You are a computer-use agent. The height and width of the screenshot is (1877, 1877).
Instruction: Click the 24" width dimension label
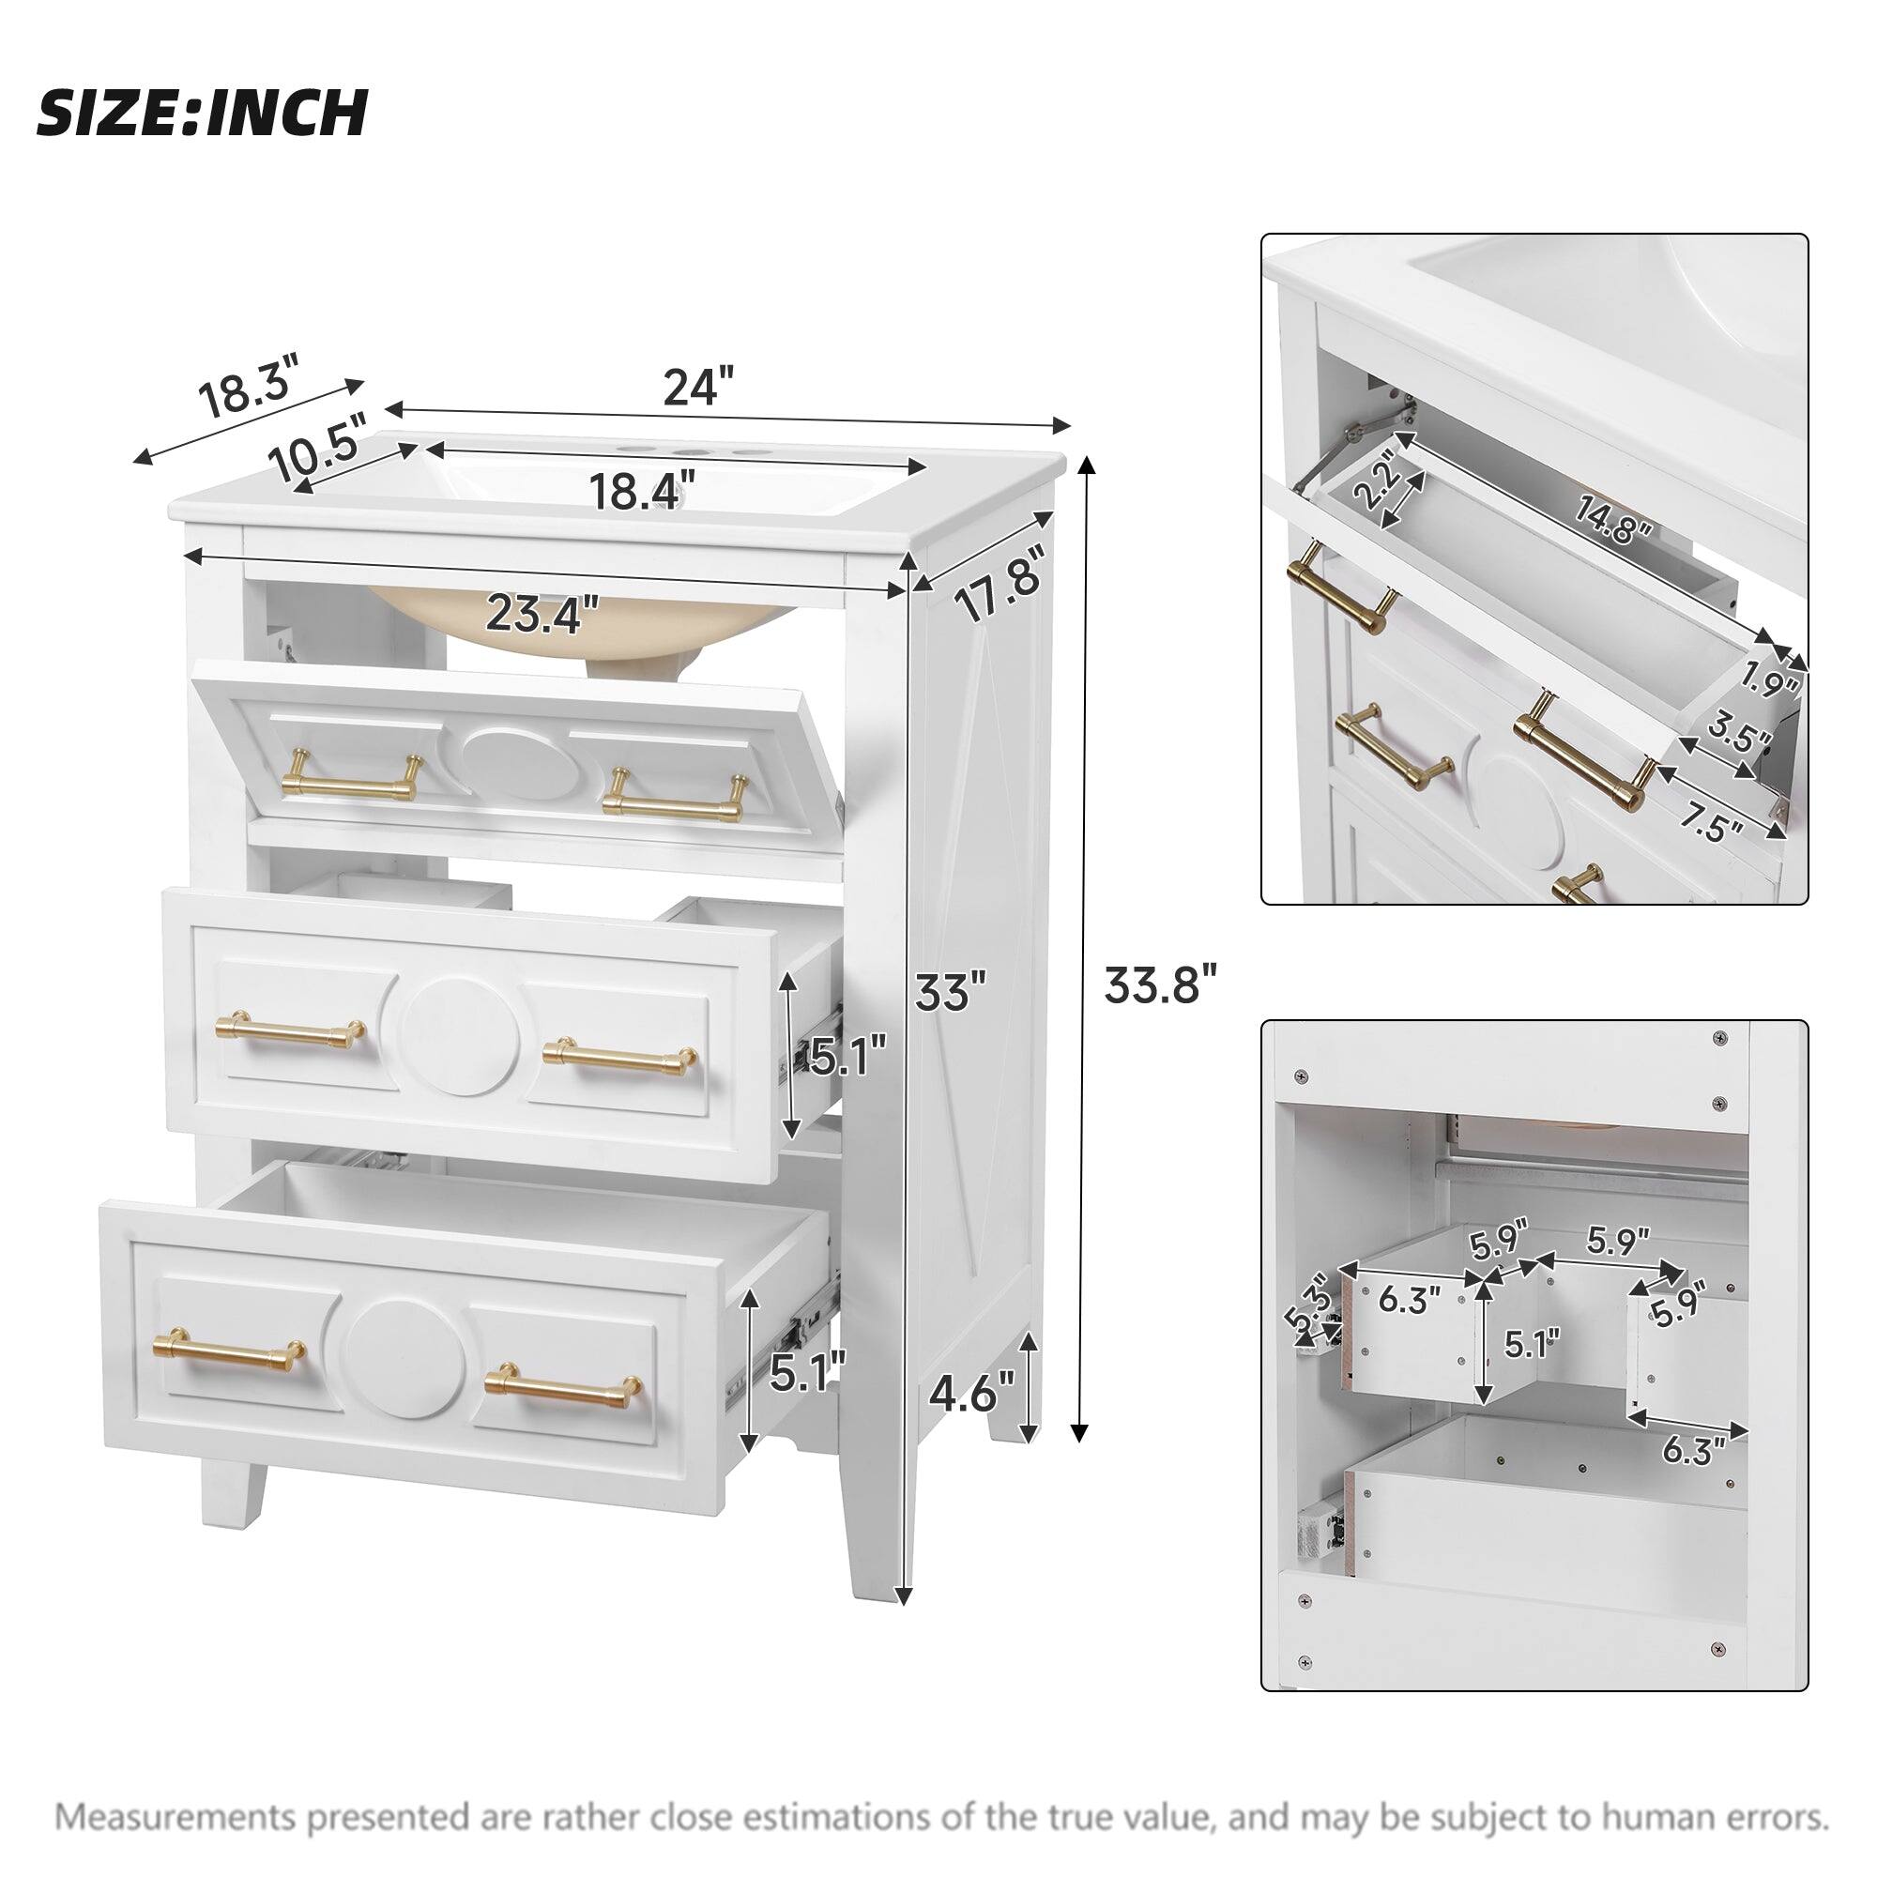(696, 387)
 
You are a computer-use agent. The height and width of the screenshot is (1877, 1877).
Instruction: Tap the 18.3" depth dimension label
(248, 387)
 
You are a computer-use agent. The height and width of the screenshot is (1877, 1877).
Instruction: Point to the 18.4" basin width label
(643, 491)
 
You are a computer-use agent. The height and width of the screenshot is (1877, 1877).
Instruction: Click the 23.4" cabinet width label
(542, 614)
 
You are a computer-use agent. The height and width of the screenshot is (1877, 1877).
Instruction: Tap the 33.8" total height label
(1160, 985)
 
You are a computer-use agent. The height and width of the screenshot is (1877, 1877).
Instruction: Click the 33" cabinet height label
(949, 993)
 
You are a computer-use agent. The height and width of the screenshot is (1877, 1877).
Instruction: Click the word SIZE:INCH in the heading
(202, 113)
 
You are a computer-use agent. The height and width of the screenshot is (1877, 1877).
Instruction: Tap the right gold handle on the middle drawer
(619, 1053)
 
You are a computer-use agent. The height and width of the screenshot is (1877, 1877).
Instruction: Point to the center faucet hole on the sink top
(693, 453)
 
